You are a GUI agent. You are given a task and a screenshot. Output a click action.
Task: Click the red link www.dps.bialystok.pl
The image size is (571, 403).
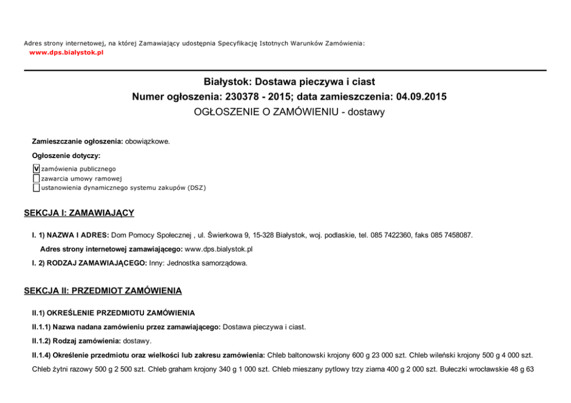tap(66, 52)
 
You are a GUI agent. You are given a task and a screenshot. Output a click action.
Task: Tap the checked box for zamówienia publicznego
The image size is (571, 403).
tap(36, 169)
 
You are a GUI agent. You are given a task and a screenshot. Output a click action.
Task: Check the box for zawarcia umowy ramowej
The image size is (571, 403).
tap(36, 178)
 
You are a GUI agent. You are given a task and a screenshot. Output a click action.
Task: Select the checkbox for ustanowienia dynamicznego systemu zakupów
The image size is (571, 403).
tap(36, 187)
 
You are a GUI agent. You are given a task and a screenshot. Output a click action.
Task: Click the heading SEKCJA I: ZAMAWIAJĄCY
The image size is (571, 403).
tap(79, 213)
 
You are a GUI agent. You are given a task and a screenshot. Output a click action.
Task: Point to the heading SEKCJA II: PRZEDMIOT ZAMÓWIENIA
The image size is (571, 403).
tap(102, 291)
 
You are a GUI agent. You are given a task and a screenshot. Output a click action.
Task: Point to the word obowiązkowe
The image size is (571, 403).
tap(147, 141)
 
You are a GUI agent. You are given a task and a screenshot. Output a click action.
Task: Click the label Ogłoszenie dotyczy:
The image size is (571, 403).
tap(66, 155)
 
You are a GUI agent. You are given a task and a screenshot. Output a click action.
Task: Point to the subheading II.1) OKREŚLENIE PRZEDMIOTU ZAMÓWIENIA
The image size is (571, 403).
tap(113, 313)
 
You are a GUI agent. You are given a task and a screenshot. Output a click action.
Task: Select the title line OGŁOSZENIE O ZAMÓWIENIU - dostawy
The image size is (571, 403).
tap(289, 112)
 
